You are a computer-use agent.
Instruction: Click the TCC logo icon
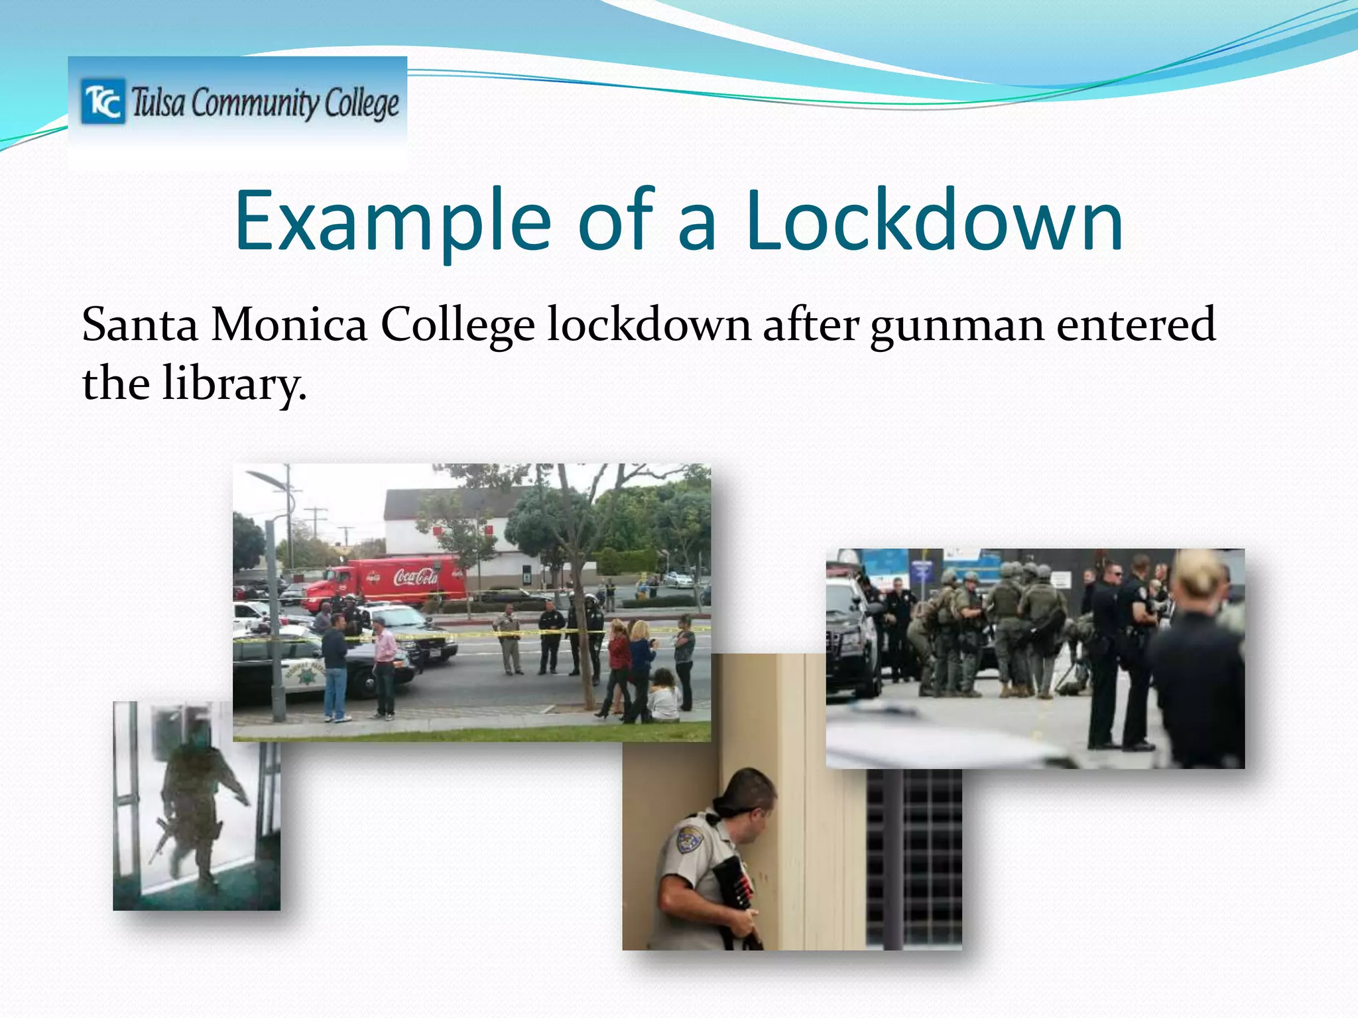pyautogui.click(x=102, y=101)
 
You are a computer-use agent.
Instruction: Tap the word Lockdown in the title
pyautogui.click(x=934, y=221)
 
